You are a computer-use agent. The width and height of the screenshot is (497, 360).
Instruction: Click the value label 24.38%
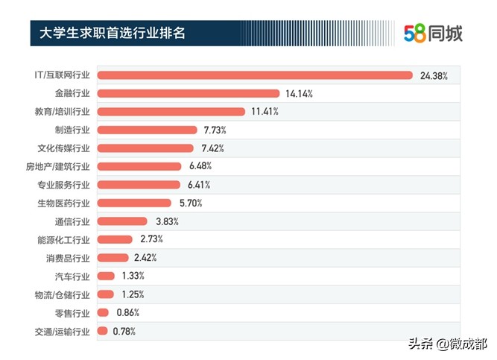434,75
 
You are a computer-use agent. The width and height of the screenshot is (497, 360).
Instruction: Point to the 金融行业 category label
72,94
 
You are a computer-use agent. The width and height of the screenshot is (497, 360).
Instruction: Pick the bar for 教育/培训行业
171,112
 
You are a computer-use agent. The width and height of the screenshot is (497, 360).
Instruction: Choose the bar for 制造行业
148,130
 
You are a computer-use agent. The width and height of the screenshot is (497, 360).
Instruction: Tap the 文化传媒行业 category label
63,148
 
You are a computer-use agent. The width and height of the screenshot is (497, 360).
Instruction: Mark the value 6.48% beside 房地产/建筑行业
202,166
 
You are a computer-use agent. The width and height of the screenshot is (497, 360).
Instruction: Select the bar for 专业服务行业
139,185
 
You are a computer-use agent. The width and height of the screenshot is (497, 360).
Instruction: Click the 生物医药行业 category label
63,203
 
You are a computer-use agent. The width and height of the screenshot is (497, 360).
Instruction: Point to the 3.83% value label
167,221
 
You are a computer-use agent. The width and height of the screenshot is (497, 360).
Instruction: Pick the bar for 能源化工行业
115,239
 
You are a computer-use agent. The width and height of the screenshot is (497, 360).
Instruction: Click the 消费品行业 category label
68,258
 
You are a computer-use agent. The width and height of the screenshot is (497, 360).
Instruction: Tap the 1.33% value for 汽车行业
133,276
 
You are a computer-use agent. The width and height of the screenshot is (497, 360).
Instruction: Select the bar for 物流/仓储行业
106,294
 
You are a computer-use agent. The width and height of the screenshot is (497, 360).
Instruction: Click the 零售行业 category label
72,312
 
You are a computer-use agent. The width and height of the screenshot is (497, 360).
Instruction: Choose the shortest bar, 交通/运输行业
103,331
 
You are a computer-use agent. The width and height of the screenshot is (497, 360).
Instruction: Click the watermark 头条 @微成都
445,344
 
